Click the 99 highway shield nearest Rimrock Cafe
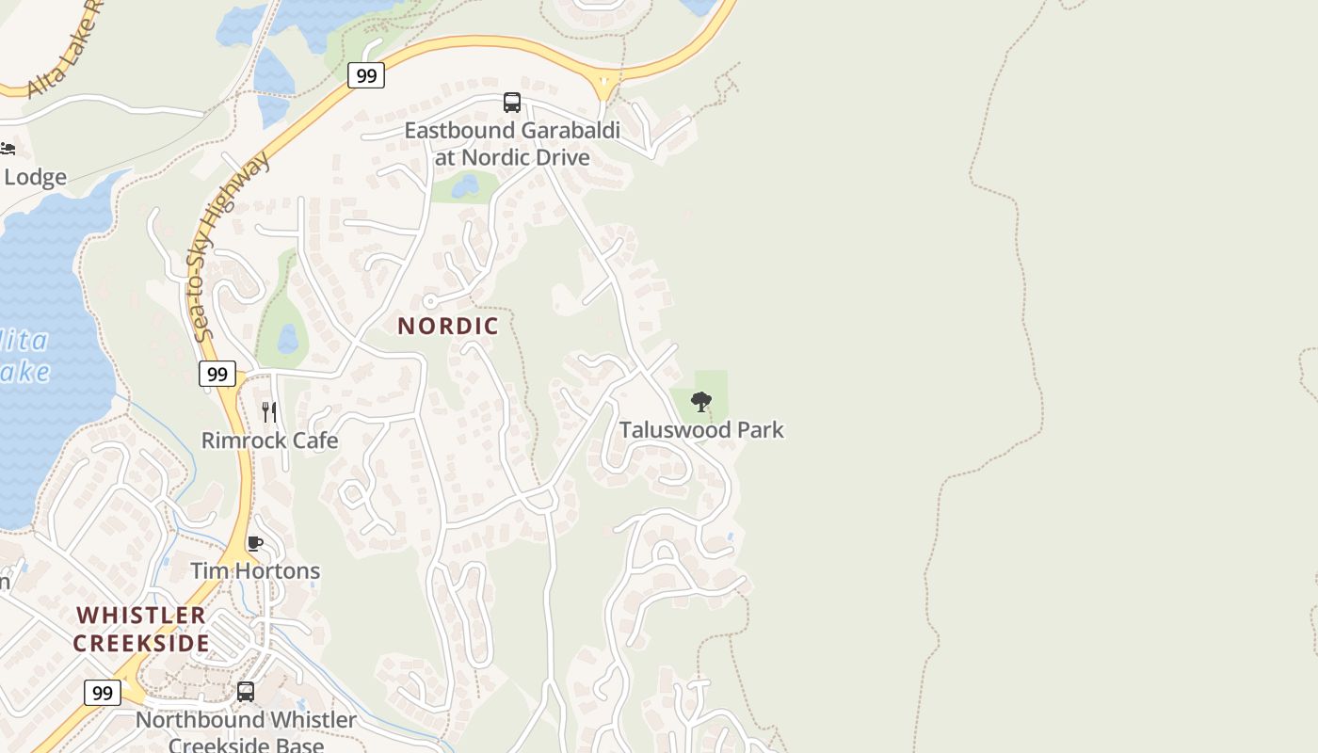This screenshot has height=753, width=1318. (x=217, y=374)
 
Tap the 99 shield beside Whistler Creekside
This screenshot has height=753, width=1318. (x=103, y=693)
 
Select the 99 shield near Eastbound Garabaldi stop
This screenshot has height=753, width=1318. (x=366, y=75)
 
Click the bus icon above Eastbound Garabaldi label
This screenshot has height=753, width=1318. (x=512, y=103)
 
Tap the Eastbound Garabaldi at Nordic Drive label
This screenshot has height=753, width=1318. (x=512, y=143)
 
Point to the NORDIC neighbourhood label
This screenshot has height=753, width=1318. (x=448, y=327)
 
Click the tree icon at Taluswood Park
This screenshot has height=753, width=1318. (x=700, y=402)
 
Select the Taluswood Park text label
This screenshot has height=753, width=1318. (x=701, y=430)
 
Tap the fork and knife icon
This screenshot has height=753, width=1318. (x=269, y=411)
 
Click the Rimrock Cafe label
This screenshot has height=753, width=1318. (x=269, y=441)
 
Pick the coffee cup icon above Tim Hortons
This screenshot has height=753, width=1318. (x=254, y=543)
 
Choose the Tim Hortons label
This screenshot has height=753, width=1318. (x=255, y=571)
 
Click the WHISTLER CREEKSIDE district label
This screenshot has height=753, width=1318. (x=141, y=629)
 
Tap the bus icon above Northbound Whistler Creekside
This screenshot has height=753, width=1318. (x=246, y=692)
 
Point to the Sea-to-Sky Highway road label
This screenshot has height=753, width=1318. (x=230, y=247)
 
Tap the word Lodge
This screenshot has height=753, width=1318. (x=36, y=177)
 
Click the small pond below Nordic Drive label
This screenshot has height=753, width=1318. (x=465, y=186)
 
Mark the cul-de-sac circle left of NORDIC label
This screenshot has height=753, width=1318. (x=430, y=302)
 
